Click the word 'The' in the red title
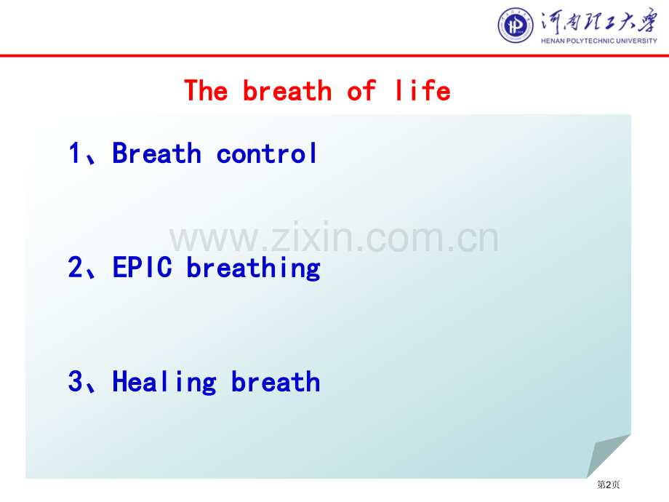coord(206,90)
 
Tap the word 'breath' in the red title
coord(287,90)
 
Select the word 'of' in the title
coord(361,92)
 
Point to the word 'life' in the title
coord(422,90)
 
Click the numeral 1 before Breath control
coord(74,153)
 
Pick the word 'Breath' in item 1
coord(156,153)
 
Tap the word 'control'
coord(267,153)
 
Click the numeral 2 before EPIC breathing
coord(75,267)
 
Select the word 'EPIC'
coord(142,267)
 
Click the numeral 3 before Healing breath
coord(75,381)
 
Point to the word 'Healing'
coord(164,383)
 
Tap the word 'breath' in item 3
coord(276,381)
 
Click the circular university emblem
coord(516,25)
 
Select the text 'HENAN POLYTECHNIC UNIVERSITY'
coord(599,41)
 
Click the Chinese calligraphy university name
coord(599,21)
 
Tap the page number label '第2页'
coord(608,485)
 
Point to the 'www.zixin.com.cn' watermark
coord(334,237)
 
